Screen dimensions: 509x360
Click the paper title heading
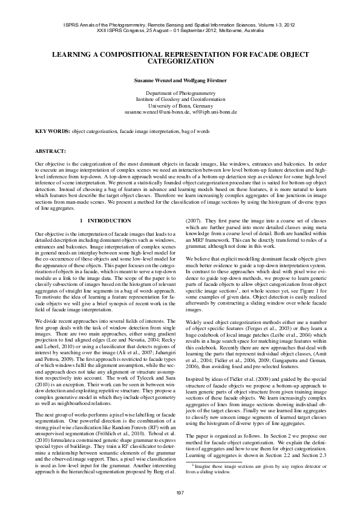pos(180,58)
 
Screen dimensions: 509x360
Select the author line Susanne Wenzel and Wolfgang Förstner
pos(180,80)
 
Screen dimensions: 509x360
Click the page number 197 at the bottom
pos(180,493)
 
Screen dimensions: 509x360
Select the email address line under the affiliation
pos(180,112)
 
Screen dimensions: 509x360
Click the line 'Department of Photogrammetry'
pos(180,93)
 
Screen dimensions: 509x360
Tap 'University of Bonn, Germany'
pos(180,106)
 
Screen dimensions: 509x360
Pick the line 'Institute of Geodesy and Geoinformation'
pos(180,99)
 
